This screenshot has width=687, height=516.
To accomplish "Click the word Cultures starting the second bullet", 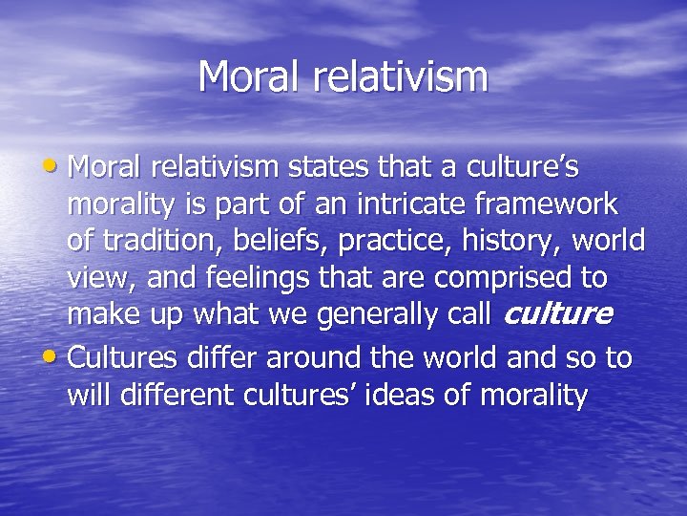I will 121,358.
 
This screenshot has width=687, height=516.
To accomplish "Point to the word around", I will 313,358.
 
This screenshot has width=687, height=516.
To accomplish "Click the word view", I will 99,277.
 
